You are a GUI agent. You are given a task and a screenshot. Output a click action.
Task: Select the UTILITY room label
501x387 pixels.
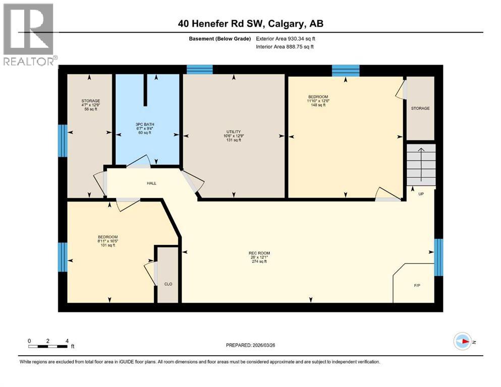click(234, 132)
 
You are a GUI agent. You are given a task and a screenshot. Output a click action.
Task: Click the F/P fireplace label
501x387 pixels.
click(417, 285)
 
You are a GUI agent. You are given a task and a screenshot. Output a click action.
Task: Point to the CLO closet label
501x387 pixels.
click(169, 284)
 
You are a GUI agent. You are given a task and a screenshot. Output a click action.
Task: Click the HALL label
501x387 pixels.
click(151, 183)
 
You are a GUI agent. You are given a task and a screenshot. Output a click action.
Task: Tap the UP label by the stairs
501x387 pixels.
click(421, 193)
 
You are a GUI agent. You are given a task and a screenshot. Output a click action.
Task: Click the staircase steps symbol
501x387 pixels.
click(421, 164)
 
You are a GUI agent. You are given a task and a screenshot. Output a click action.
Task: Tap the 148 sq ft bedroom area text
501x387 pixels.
click(318, 105)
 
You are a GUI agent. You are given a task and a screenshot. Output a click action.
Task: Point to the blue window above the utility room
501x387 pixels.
click(199, 70)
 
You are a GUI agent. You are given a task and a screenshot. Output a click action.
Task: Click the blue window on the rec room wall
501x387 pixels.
click(438, 257)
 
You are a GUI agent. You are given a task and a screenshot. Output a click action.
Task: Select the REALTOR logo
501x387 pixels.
click(28, 35)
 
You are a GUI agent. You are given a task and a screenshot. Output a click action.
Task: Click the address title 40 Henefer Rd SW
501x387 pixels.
click(250, 23)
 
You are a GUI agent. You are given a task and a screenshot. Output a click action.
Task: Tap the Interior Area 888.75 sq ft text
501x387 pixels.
click(285, 47)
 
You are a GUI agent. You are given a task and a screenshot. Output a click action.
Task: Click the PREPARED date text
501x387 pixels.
click(251, 345)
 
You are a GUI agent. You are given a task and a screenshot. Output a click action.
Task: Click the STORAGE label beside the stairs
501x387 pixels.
click(420, 108)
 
